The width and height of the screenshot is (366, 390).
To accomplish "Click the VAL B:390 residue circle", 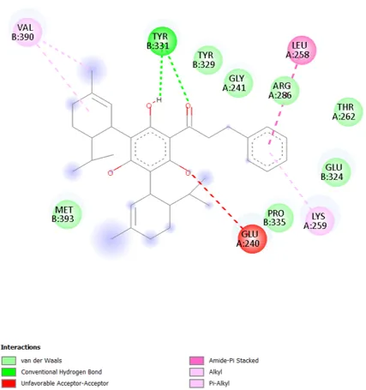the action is click(x=27, y=32).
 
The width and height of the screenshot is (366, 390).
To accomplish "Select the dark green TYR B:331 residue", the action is click(x=162, y=41).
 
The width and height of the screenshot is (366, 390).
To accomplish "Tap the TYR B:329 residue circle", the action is click(x=207, y=60).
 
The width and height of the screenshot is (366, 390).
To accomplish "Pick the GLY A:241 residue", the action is click(x=238, y=83).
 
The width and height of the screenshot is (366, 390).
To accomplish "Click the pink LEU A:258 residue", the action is click(x=302, y=50).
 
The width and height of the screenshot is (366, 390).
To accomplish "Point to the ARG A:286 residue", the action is click(x=284, y=90).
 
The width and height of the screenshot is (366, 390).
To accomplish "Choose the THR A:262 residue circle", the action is click(x=348, y=111).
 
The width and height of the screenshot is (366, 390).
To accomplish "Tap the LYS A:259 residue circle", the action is click(x=320, y=221).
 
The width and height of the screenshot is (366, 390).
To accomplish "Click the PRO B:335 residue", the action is click(x=279, y=218).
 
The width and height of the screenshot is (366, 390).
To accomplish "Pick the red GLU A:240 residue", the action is click(x=252, y=239).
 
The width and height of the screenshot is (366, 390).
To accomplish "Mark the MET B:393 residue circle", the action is click(x=68, y=214).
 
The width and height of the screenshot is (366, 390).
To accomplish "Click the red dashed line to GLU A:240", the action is click(x=217, y=200).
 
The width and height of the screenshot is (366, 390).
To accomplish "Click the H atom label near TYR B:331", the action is click(x=159, y=100).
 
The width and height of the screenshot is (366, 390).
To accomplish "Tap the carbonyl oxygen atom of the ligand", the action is click(x=188, y=106).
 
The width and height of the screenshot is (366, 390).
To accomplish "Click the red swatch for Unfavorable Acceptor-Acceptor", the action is click(x=9, y=383).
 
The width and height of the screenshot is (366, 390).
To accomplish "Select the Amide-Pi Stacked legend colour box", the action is click(x=196, y=361).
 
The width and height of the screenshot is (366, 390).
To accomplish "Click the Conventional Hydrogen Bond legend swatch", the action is click(x=9, y=372).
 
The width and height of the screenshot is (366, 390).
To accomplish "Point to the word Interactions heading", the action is click(x=21, y=347).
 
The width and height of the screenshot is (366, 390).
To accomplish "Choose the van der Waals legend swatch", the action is click(x=9, y=361).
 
